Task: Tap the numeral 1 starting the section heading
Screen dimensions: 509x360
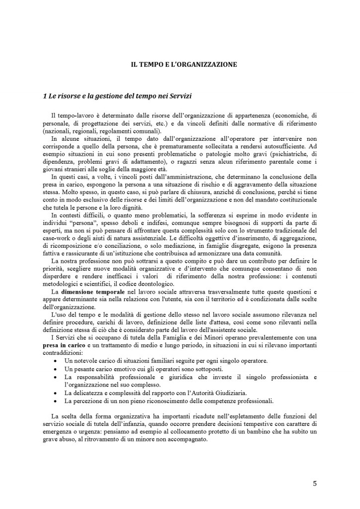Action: click(45, 95)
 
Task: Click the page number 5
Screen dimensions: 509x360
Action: click(315, 483)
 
